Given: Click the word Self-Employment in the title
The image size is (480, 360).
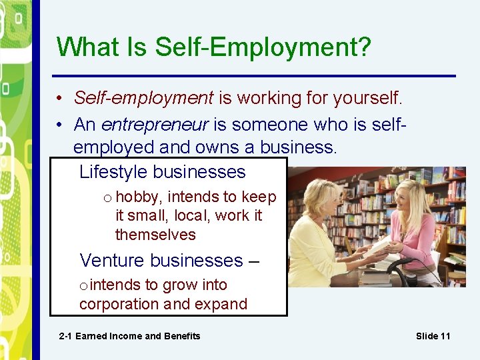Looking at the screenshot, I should (263, 48).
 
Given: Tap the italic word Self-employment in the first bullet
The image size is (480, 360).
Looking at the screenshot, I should (143, 98).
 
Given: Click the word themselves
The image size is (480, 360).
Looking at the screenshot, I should (155, 235).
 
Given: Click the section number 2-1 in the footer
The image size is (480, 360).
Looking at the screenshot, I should (65, 336).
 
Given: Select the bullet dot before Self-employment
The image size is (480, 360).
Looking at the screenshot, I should (59, 99).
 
